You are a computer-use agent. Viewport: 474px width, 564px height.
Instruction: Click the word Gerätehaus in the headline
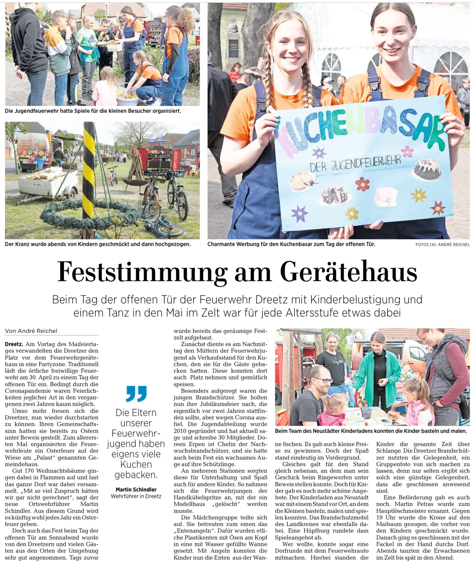click(348, 272)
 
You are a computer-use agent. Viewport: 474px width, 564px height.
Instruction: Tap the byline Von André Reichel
click(31, 331)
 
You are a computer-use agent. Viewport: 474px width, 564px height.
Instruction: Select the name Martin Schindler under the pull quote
click(136, 489)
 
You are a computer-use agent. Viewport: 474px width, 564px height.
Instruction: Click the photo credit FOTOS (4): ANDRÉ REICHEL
click(442, 244)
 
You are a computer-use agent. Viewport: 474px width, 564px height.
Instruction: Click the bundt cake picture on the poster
click(427, 169)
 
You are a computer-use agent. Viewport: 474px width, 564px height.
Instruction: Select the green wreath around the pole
click(89, 215)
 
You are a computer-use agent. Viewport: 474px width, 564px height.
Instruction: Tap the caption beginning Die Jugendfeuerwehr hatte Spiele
click(93, 111)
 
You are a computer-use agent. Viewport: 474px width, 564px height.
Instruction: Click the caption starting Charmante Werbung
click(291, 244)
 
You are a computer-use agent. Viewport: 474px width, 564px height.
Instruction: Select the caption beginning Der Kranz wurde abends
click(98, 244)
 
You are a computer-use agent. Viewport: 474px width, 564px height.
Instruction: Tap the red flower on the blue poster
click(362, 184)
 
